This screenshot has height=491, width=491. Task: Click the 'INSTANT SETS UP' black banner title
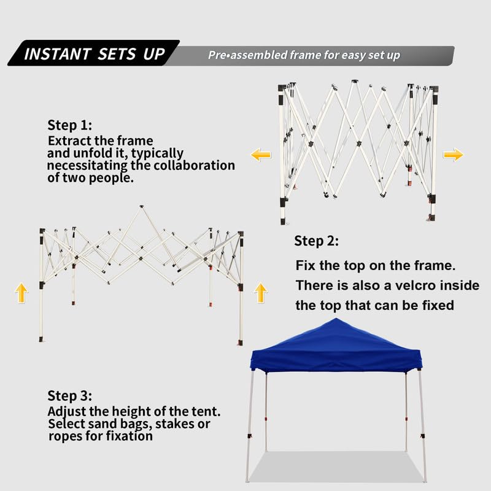pos(95,53)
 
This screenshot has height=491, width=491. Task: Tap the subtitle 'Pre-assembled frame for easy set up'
pos(304,55)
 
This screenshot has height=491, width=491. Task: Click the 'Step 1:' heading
pos(70,125)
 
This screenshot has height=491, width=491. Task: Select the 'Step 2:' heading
pos(316,241)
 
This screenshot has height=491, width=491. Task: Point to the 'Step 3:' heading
pos(70,395)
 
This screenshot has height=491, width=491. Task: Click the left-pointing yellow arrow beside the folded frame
pos(260,155)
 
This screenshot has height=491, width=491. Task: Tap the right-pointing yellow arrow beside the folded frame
pos(454,155)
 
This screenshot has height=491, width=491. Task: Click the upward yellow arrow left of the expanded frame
pos(21,293)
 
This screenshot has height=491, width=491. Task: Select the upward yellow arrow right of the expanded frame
pos(260,293)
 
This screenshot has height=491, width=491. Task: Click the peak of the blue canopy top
pos(336,319)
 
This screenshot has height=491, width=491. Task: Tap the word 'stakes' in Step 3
pos(174,424)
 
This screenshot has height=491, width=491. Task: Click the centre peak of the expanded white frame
pos(142,207)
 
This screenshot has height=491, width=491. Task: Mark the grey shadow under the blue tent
pos(336,466)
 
